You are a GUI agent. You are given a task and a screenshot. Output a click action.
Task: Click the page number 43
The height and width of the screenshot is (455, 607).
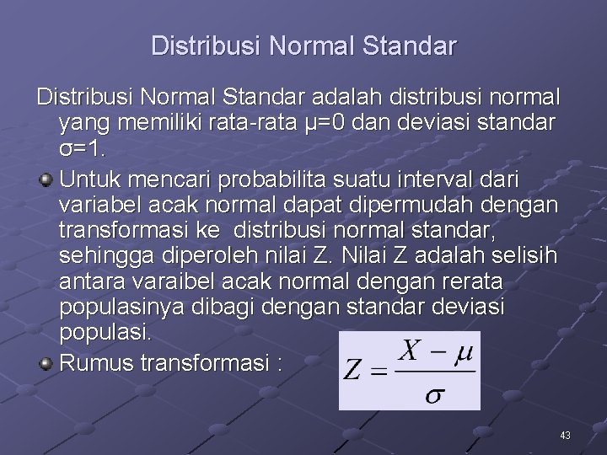[x=565, y=435]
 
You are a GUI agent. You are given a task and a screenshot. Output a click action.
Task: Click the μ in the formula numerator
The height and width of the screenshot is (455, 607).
[x=463, y=354]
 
